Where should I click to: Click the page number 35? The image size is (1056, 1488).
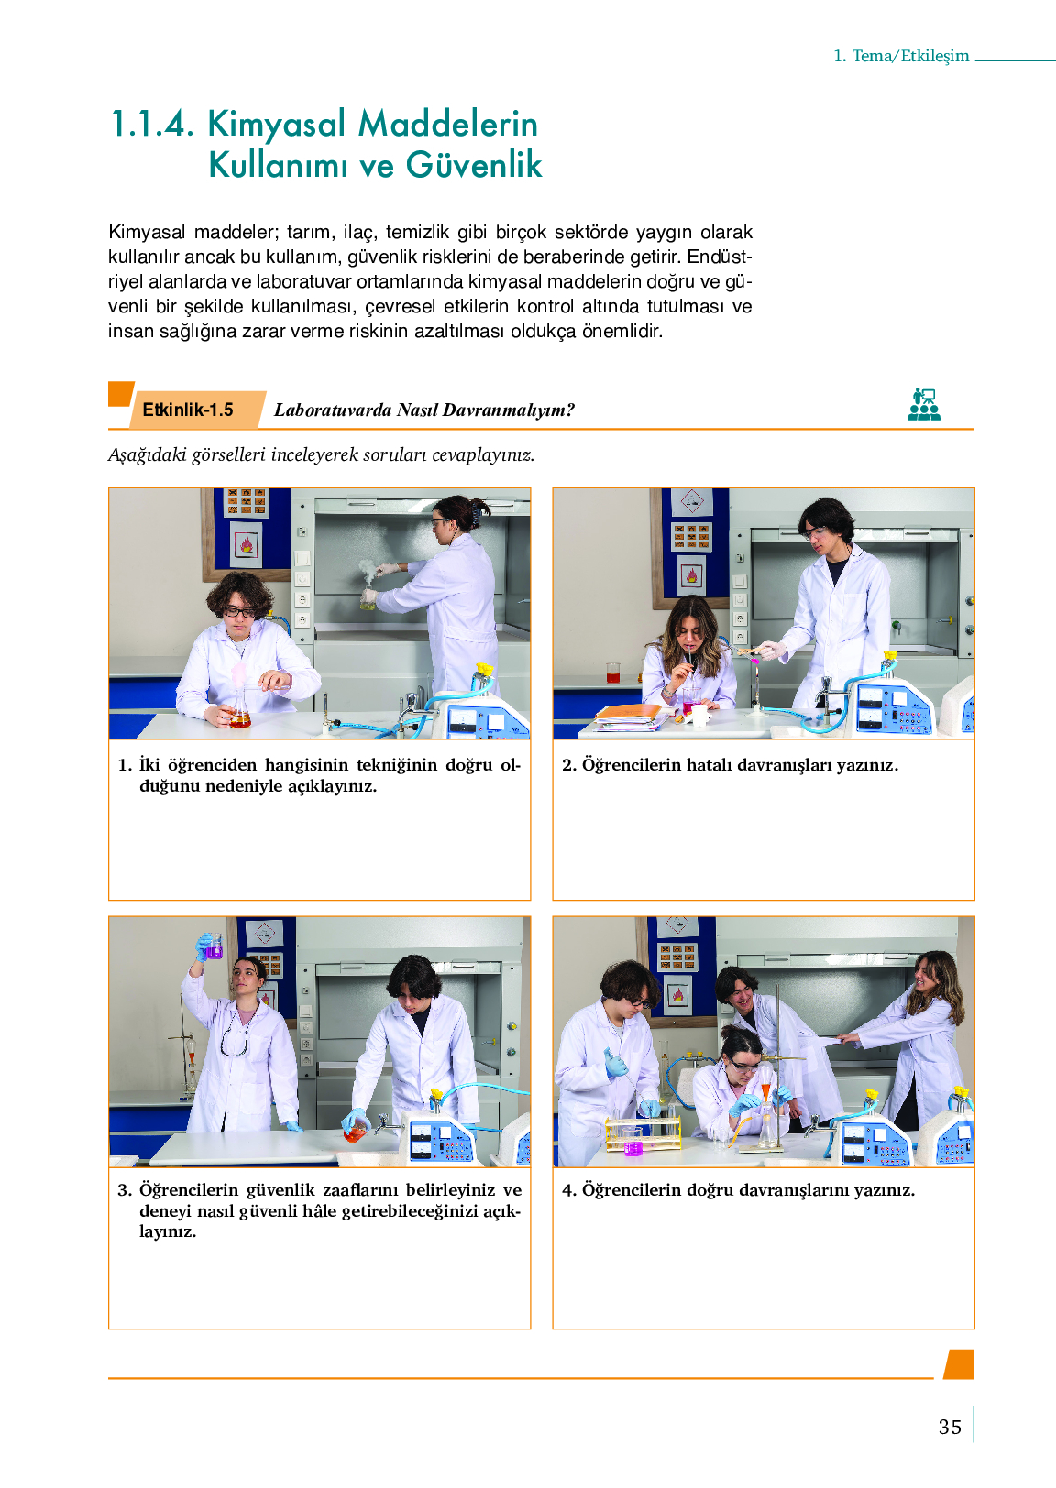(x=950, y=1427)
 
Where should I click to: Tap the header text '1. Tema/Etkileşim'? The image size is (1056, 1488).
(x=901, y=56)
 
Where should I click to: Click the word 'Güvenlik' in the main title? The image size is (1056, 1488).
(x=475, y=165)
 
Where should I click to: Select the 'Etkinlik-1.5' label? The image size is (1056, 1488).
(x=188, y=410)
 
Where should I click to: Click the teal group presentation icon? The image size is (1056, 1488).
(x=924, y=405)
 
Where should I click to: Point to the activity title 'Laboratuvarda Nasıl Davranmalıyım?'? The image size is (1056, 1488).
(x=424, y=410)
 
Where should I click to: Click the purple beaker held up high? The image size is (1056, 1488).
(x=214, y=946)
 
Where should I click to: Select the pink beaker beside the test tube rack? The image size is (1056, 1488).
(x=632, y=1144)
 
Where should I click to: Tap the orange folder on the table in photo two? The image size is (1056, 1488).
(x=629, y=713)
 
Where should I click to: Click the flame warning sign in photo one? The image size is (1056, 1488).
(x=247, y=545)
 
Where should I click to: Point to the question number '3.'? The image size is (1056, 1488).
(x=125, y=1189)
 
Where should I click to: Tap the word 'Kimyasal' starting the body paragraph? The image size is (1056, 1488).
(x=147, y=233)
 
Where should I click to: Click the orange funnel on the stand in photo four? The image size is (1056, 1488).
(x=765, y=1089)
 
